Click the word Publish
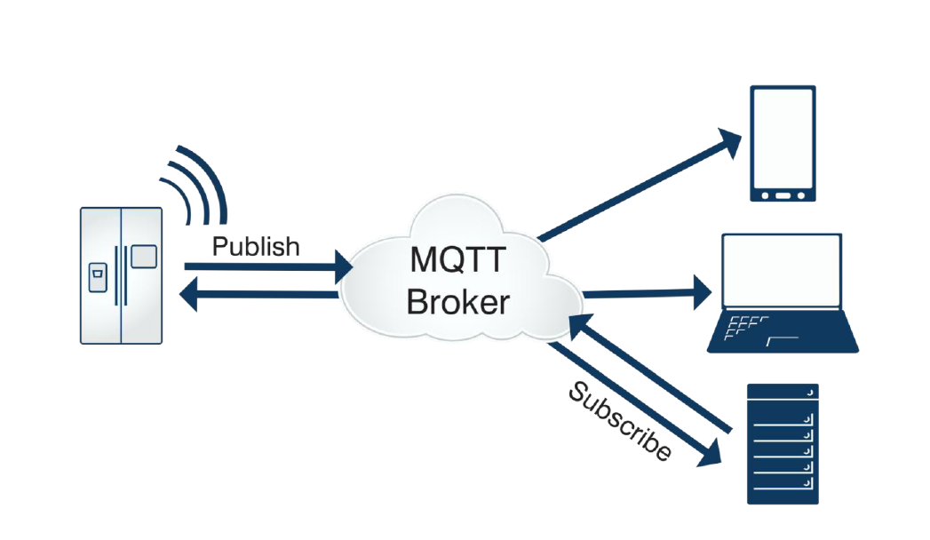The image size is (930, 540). (x=256, y=246)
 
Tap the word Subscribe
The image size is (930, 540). (x=619, y=421)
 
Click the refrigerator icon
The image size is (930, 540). (x=121, y=275)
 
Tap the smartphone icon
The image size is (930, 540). (x=783, y=144)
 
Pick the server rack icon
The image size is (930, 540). (x=782, y=444)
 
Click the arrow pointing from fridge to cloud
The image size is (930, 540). (x=266, y=265)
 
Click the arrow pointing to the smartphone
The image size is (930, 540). (x=640, y=187)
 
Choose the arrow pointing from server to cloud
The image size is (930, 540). (x=648, y=373)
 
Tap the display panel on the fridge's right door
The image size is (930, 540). (x=144, y=257)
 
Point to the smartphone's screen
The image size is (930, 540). (x=783, y=138)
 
